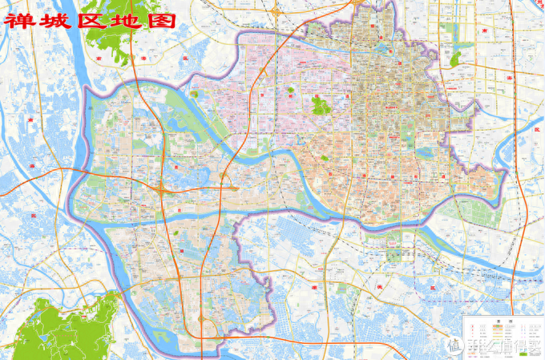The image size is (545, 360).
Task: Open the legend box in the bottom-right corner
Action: pyautogui.click(x=503, y=336)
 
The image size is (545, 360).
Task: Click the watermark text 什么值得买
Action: pyautogui.click(x=510, y=346)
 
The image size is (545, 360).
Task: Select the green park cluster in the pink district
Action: pyautogui.click(x=321, y=105)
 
